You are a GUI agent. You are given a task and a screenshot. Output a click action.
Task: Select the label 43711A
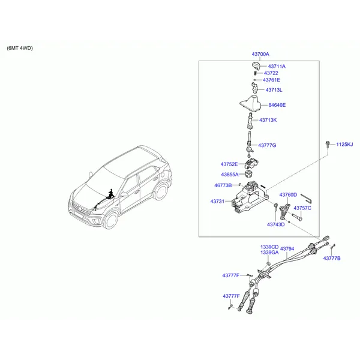tap(277, 66)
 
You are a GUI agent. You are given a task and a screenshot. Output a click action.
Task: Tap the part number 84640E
tap(277, 105)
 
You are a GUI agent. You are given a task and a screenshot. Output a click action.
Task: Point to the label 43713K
tap(268, 120)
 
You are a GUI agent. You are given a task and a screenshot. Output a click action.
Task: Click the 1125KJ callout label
tap(344, 145)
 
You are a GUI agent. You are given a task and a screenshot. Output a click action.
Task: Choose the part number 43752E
tap(229, 164)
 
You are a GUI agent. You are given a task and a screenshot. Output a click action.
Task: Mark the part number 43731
tap(217, 201)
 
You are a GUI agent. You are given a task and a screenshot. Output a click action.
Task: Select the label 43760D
tap(288, 195)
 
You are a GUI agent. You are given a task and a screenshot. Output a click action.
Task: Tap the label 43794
tap(287, 248)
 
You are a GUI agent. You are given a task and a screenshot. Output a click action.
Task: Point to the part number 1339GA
tap(269, 253)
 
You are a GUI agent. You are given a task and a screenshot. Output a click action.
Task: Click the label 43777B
tap(332, 258)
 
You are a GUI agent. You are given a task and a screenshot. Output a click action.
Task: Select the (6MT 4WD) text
tap(20, 47)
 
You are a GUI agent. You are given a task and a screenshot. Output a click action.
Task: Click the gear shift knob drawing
tap(255, 65)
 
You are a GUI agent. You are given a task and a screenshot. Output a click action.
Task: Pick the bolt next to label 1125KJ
tap(328, 144)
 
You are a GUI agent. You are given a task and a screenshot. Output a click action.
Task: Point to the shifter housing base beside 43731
tap(245, 201)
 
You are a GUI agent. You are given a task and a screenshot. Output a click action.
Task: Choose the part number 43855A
tap(229, 175)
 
